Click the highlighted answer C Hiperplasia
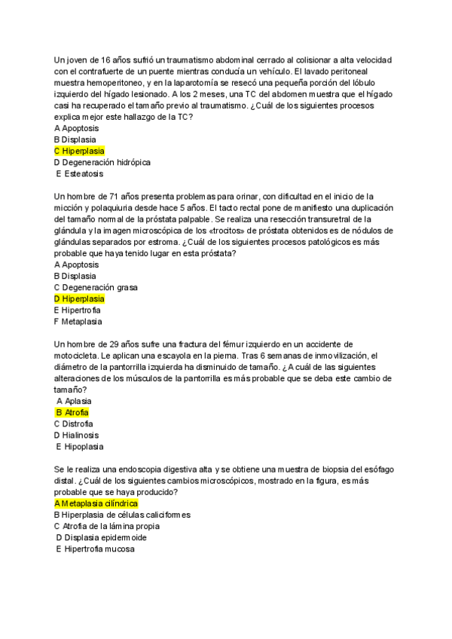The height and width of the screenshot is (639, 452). [x=79, y=151]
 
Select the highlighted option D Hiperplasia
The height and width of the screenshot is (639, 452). [x=79, y=298]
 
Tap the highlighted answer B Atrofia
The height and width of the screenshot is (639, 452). [x=73, y=412]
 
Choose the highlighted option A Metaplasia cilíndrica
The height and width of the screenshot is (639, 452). [x=96, y=503]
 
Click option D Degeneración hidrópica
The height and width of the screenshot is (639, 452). [x=102, y=162]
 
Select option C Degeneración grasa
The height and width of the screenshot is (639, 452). [x=95, y=287]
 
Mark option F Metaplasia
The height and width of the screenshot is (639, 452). [x=79, y=321]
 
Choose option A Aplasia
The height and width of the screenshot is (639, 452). [x=74, y=401]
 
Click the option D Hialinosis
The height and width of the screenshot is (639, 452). [x=77, y=435]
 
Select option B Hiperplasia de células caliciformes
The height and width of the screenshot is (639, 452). [x=122, y=515]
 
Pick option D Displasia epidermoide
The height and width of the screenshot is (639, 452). [x=101, y=537]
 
